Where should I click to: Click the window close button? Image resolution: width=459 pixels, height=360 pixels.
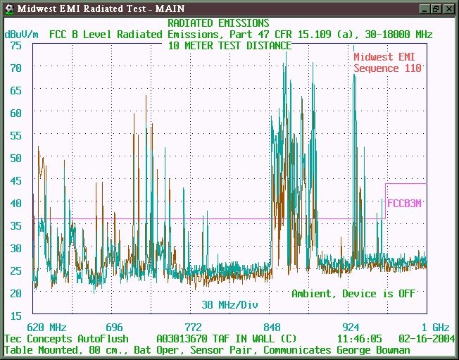click(448, 8)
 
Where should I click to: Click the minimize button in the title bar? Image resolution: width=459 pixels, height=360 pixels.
click(425, 8)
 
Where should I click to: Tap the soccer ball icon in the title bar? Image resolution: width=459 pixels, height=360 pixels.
click(9, 8)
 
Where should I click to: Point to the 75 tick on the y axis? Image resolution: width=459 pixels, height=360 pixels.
click(15, 46)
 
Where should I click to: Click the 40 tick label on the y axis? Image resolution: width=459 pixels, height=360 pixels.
click(15, 204)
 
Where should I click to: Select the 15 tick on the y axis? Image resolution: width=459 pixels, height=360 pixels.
click(15, 316)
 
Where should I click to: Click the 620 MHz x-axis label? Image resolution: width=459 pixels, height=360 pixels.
click(47, 327)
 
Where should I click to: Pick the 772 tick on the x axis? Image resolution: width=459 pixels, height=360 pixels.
click(193, 327)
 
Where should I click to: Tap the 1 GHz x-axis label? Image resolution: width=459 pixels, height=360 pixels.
click(435, 327)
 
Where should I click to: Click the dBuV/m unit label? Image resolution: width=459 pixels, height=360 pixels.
click(21, 35)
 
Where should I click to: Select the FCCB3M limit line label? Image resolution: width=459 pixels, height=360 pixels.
click(404, 204)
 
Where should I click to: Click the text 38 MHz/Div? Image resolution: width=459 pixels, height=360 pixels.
click(229, 305)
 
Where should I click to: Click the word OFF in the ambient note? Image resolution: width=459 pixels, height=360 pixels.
click(407, 294)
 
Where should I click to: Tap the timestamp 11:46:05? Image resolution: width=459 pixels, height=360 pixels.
click(360, 339)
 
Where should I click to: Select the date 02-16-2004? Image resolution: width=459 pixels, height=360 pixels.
click(427, 339)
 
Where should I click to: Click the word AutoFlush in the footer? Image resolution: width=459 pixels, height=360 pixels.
click(103, 339)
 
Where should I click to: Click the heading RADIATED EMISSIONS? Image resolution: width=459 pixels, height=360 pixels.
click(218, 23)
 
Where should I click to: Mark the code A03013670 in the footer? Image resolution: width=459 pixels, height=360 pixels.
click(182, 339)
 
